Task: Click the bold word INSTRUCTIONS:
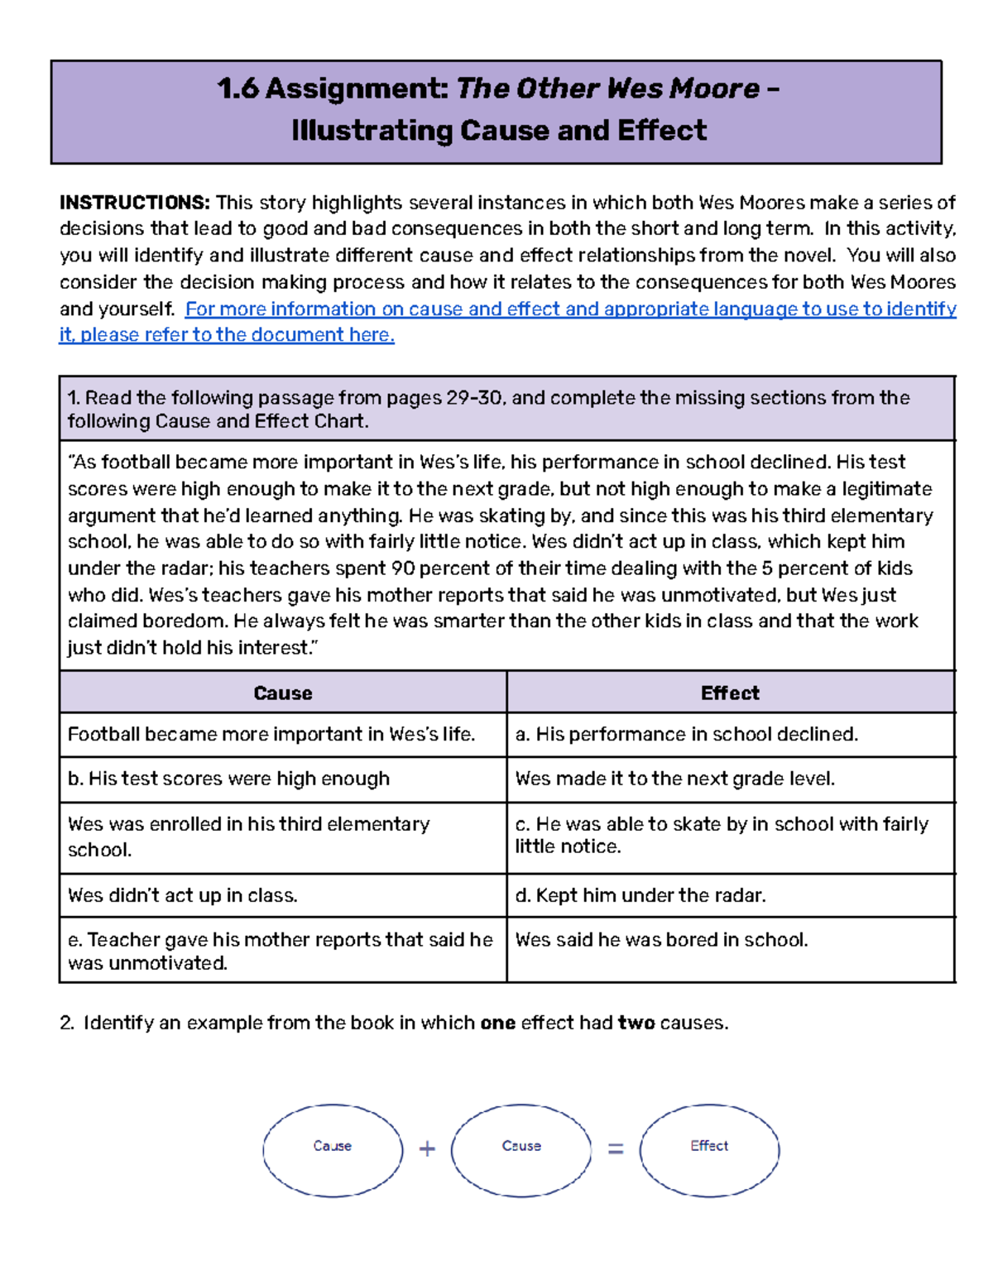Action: (134, 203)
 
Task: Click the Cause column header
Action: (282, 693)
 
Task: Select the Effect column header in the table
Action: (729, 693)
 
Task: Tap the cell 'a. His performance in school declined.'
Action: (686, 734)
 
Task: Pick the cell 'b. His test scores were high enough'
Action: (228, 779)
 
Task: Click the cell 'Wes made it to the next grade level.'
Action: (674, 779)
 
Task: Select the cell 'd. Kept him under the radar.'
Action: (640, 895)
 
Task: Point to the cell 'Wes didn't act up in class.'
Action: (182, 895)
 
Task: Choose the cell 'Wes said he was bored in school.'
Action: (661, 940)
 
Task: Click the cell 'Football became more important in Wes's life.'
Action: (271, 734)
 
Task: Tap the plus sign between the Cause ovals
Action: (427, 1148)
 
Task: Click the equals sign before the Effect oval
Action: (616, 1148)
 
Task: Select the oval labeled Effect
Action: (709, 1149)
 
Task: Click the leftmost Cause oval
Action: (333, 1149)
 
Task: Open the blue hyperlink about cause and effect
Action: (570, 309)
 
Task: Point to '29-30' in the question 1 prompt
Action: (474, 398)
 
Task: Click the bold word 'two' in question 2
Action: (636, 1023)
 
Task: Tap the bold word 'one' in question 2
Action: (497, 1023)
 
